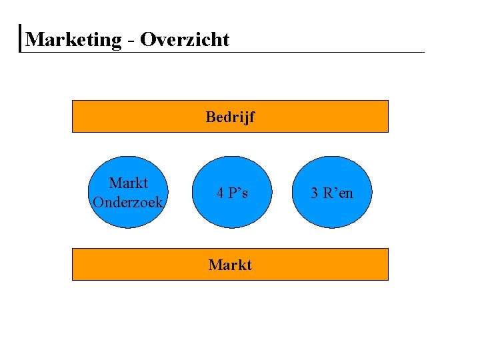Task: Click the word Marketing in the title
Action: pos(73,39)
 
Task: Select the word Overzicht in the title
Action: pos(185,39)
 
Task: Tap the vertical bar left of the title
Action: pos(21,39)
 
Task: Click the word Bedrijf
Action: pos(230,118)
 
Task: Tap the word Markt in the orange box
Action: pos(230,265)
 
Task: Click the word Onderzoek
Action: pos(128,202)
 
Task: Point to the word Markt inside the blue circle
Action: pos(128,183)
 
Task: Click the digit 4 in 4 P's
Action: pos(219,193)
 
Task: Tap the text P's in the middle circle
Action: pos(239,193)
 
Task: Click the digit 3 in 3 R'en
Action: pos(315,193)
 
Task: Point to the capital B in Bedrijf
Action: pos(211,118)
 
